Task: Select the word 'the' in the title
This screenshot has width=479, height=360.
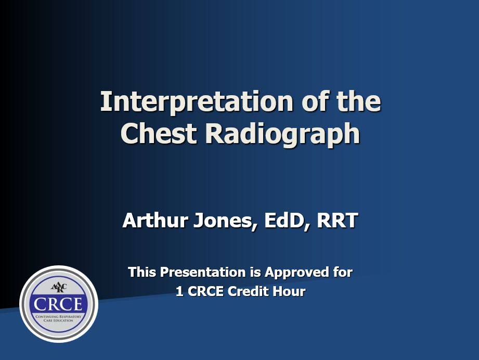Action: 359,102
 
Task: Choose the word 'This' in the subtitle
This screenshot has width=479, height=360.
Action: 142,272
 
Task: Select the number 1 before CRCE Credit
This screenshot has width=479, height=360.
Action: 179,292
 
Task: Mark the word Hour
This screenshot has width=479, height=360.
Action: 291,292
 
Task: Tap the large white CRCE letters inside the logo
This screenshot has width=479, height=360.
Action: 58,304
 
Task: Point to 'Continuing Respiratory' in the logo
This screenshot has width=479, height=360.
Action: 58,316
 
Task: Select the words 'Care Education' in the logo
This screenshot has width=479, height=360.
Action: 58,321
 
